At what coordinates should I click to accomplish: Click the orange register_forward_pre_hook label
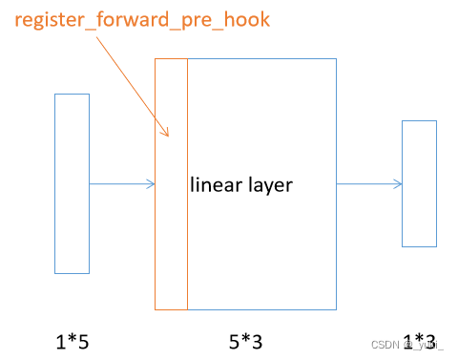tap(142, 20)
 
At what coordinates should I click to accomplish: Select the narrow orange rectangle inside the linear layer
tap(171, 239)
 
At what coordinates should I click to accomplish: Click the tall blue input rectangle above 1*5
tap(72, 183)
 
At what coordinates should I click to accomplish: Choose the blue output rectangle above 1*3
tap(419, 183)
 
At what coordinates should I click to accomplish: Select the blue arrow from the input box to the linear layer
tap(121, 184)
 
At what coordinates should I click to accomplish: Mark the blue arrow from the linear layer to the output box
tap(368, 184)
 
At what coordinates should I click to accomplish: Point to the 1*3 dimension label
tap(420, 340)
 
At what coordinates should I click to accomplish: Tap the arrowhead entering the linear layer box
tap(151, 184)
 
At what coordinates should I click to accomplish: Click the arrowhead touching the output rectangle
tap(398, 184)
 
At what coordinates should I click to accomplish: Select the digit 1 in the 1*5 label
tap(58, 340)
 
